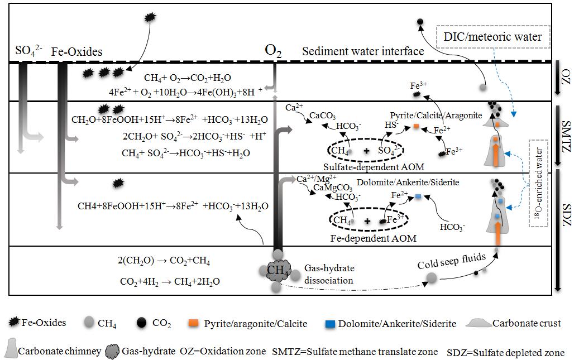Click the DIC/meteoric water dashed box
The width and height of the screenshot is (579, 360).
tap(492, 37)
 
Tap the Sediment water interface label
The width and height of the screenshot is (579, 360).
tap(363, 51)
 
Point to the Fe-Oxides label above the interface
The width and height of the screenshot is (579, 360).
tap(76, 52)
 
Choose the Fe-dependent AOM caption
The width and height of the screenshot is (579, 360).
tap(366, 238)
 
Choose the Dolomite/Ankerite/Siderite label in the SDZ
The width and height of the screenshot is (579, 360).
tap(408, 182)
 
